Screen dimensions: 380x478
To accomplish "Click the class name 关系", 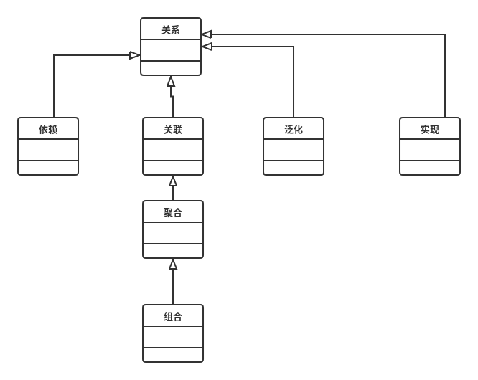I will click(171, 30).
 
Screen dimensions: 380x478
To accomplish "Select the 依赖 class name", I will click(48, 130).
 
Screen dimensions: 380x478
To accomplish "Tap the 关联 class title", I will click(173, 130).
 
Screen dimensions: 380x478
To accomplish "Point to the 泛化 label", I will click(294, 130).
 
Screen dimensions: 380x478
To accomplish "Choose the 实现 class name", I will click(430, 130).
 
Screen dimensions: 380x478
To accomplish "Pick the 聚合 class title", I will click(173, 213).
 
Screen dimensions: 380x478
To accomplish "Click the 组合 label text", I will click(173, 317).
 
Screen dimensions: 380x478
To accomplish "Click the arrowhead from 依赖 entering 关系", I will click(134, 55).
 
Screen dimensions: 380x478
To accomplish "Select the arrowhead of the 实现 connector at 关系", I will click(207, 34).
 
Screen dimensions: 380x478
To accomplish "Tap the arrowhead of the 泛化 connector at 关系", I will click(207, 47).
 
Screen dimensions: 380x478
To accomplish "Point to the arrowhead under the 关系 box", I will click(171, 81).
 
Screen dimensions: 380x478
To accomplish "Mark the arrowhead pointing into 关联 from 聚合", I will click(173, 181).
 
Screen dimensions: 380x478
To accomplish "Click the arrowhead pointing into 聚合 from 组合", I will click(173, 265).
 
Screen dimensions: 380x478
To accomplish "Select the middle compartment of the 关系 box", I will click(171, 51).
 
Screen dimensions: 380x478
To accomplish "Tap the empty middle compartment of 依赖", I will click(48, 150).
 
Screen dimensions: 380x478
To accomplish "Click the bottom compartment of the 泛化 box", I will click(294, 168).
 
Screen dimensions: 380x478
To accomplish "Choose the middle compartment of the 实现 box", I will click(430, 150).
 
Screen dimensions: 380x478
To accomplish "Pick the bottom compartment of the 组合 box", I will click(173, 355).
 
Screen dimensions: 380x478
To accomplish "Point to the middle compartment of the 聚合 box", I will click(173, 233).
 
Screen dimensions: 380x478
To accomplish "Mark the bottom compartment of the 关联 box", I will click(173, 168).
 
